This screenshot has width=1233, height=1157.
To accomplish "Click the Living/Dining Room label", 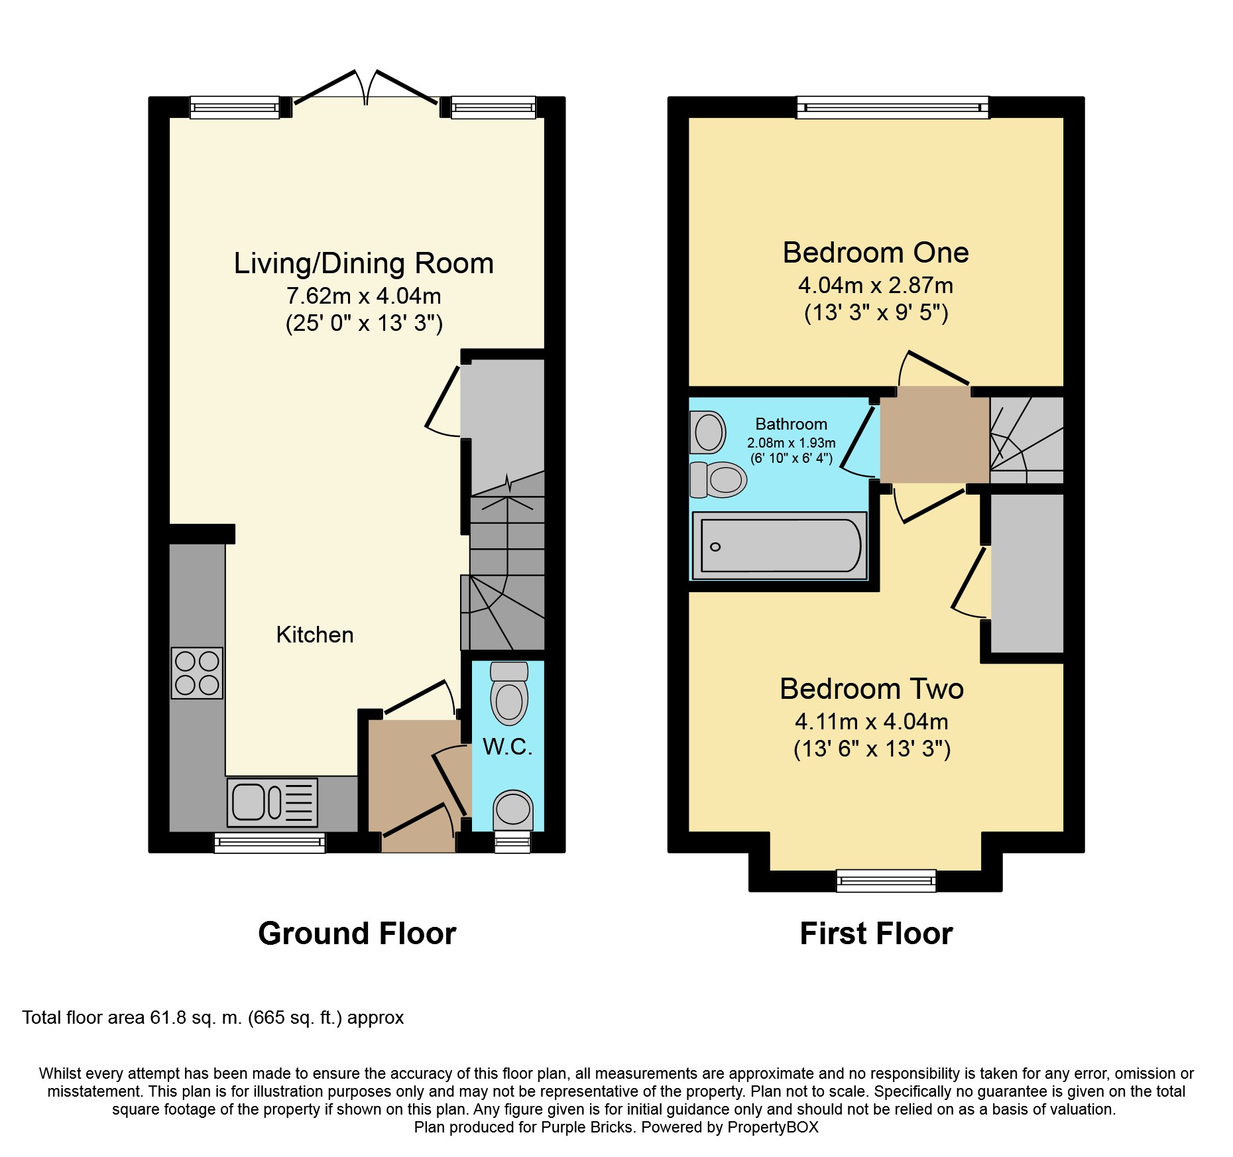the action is tap(363, 263).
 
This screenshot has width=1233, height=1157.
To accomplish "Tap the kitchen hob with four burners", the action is tap(197, 673).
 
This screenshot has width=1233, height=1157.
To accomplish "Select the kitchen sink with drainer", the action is tap(272, 802).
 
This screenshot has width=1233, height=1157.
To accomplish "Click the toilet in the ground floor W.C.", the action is tap(509, 694).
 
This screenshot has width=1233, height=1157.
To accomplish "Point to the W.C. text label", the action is tap(508, 747).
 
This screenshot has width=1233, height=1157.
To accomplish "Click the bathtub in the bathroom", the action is tap(780, 545).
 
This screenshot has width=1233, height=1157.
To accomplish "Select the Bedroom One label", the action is tap(876, 253).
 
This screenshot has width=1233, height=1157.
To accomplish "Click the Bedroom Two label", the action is tap(872, 689).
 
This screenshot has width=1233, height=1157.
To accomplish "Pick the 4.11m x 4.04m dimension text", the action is tap(872, 721).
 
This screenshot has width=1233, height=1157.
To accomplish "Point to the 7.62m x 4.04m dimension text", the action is tap(364, 296).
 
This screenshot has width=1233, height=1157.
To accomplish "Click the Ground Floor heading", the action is tap(357, 934).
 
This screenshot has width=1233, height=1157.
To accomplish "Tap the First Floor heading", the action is tap(876, 934).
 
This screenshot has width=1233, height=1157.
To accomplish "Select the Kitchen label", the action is tap(315, 635).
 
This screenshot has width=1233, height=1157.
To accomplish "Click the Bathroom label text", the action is tap(792, 424).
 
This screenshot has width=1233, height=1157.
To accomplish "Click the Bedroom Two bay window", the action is tap(886, 881).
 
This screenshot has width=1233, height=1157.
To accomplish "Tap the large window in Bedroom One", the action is tap(893, 107).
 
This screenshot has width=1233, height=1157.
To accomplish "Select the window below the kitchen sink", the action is tap(270, 843).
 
